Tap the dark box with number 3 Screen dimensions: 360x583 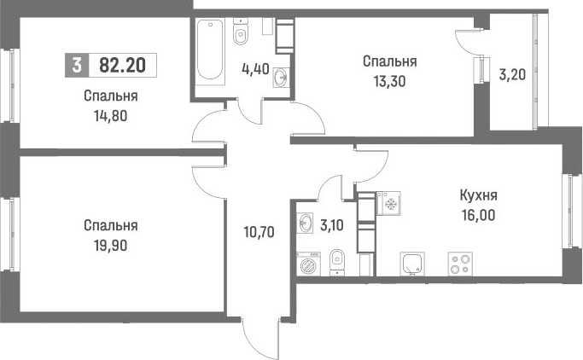(x=78, y=64)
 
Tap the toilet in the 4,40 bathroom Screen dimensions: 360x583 (x=241, y=33)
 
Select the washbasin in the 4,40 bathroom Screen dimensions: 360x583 (x=281, y=78)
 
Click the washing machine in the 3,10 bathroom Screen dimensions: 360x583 (x=306, y=263)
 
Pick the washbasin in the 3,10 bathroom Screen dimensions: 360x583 (x=306, y=224)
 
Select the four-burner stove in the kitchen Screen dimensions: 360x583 (x=463, y=264)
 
